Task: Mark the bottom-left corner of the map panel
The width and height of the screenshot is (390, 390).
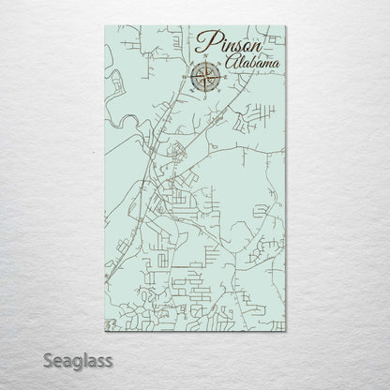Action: coord(100,333)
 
